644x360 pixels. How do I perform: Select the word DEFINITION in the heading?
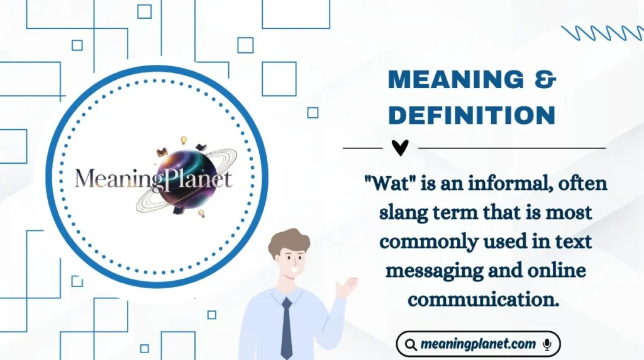coord(472,115)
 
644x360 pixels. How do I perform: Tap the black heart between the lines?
coord(399,148)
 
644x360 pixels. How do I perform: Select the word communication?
coord(484,299)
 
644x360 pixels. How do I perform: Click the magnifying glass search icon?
coord(411,344)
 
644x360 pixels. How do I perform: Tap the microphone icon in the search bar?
coord(547,344)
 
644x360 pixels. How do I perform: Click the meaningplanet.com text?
coord(479,344)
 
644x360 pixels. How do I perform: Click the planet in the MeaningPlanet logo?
coord(184,179)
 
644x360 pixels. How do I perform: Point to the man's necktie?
coord(286,327)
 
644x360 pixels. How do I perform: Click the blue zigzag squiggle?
coord(601,33)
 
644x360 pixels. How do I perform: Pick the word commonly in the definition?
coord(429,242)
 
